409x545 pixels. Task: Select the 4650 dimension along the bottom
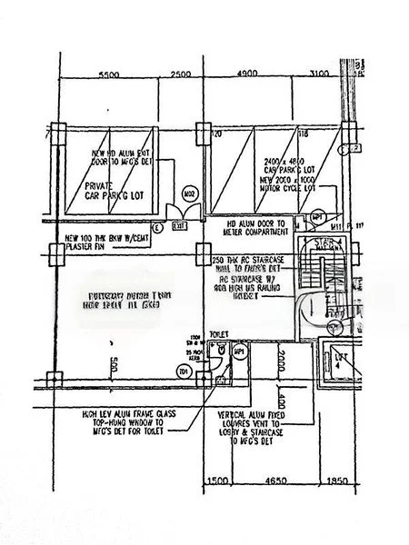pos(274,479)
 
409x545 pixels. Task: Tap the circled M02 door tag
pos(191,194)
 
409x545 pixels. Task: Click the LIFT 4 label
pos(344,361)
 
